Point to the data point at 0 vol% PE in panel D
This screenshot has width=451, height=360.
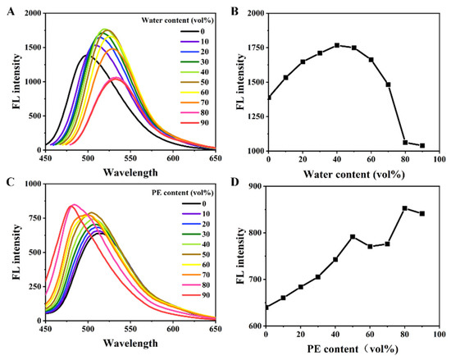pyautogui.click(x=268, y=307)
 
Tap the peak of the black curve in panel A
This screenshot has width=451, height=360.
pyautogui.click(x=85, y=55)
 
